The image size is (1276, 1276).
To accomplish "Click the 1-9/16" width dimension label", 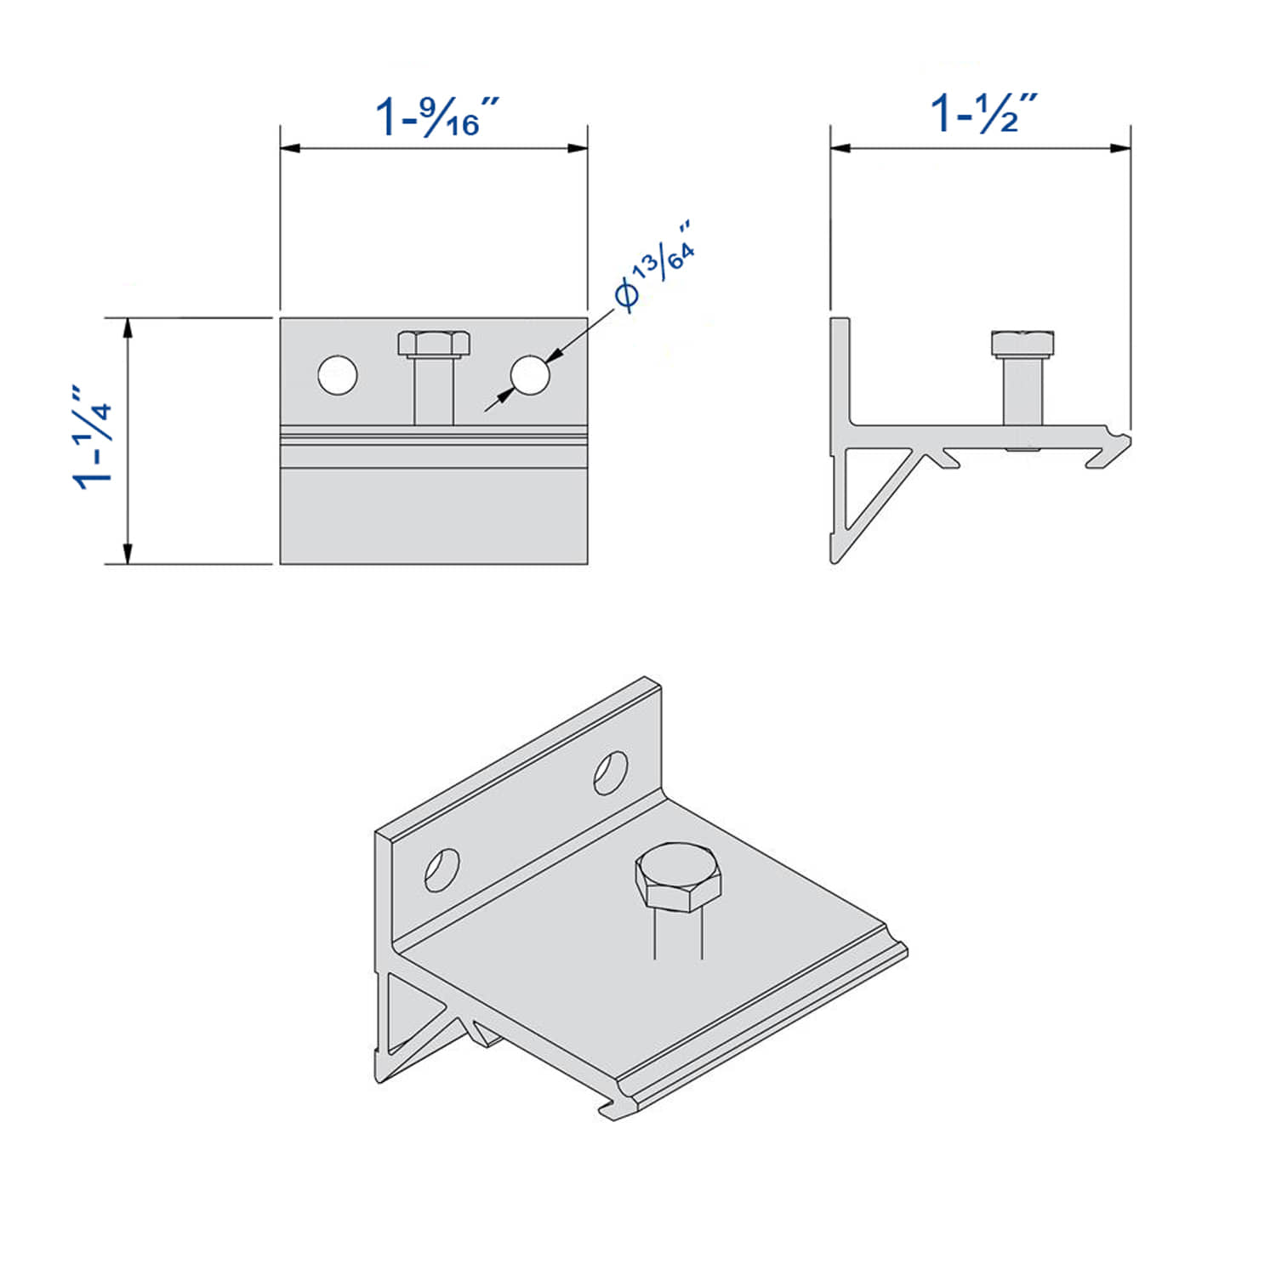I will [436, 117].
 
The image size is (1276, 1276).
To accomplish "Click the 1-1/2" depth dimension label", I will [983, 113].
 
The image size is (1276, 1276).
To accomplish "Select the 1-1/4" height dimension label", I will [94, 437].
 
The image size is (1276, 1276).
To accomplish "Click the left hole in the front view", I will [338, 375].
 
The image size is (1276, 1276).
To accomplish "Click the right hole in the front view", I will [530, 375].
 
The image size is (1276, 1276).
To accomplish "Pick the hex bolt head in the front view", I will [433, 344].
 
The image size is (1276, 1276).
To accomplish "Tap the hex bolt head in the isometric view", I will [678, 878].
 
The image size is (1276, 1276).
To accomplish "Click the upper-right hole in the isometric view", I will [610, 772].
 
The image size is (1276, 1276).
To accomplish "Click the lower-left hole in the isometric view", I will [441, 870].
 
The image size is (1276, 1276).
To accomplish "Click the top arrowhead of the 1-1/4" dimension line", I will [128, 328].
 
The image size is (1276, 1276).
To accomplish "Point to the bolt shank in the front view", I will [433, 391].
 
